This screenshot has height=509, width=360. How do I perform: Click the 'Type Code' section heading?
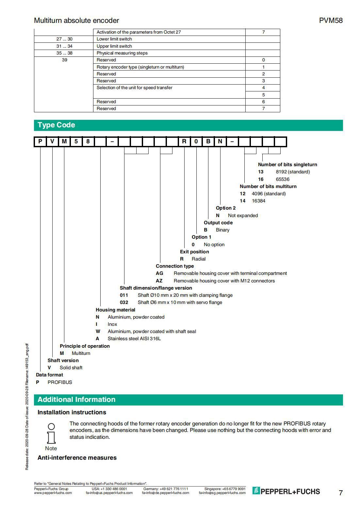(x=56, y=125)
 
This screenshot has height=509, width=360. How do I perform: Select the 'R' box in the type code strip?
(x=184, y=141)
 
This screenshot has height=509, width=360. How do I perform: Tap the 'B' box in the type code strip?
(x=208, y=141)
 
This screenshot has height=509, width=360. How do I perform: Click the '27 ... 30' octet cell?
(x=64, y=39)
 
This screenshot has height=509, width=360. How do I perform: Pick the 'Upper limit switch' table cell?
(x=114, y=46)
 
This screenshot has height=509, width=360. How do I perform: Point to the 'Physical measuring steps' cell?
(x=122, y=53)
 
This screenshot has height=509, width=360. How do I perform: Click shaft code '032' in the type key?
(x=124, y=302)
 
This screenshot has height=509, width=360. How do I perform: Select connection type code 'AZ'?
(x=159, y=281)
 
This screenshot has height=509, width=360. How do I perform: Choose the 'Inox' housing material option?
(x=112, y=324)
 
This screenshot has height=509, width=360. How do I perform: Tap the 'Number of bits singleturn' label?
(x=287, y=165)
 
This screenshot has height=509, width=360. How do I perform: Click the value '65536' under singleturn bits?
(x=283, y=179)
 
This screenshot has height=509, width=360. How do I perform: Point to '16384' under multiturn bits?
(x=258, y=201)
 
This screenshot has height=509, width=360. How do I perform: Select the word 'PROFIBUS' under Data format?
(x=60, y=382)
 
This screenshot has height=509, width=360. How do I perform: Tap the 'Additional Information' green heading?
(x=76, y=400)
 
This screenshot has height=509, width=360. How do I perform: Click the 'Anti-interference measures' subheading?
(x=77, y=458)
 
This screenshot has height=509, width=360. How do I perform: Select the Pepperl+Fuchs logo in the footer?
(x=286, y=491)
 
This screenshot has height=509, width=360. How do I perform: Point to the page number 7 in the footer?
(x=341, y=493)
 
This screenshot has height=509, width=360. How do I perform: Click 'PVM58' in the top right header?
(x=331, y=21)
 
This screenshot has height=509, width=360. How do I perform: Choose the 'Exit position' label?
(x=194, y=252)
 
